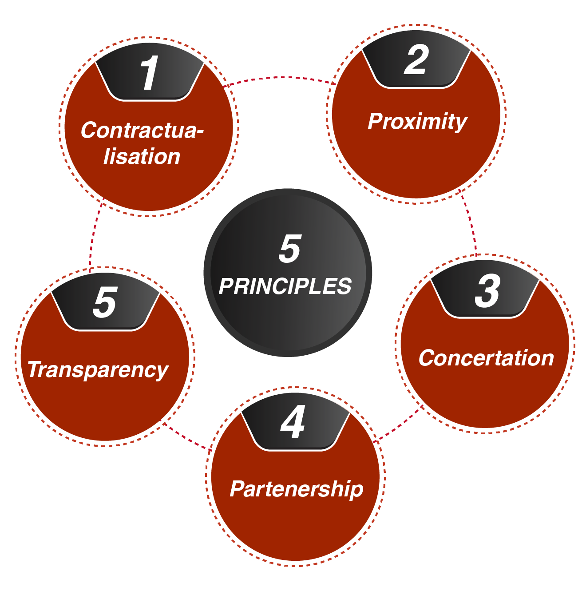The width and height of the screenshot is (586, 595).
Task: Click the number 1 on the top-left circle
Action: pos(149,73)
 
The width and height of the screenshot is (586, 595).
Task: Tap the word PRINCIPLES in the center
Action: pos(285,286)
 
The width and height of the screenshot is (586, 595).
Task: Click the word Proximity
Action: pos(417,122)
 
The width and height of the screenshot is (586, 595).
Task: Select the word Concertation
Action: pos(486,358)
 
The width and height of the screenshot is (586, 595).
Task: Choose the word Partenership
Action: pos(297,489)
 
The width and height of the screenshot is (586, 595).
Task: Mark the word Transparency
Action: pos(98,370)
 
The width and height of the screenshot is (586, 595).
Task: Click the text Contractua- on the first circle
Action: pos(142,131)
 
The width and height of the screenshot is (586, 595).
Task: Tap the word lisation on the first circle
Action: pos(142,157)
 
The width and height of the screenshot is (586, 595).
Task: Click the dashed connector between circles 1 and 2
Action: pos(280,78)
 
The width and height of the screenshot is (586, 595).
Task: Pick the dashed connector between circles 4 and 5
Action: pos(186,437)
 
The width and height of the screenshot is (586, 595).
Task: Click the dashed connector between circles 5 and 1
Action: pos(93,235)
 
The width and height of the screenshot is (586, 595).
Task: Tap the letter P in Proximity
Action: pos(376,121)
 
